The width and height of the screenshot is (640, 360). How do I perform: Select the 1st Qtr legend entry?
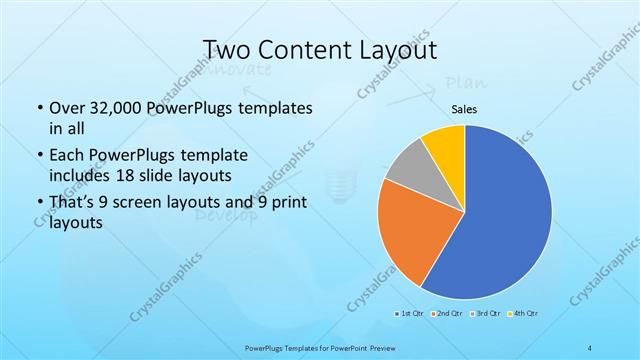point(410,313)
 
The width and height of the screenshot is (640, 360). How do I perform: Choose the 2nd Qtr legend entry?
point(446,313)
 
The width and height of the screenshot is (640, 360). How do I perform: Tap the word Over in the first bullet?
point(66,108)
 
